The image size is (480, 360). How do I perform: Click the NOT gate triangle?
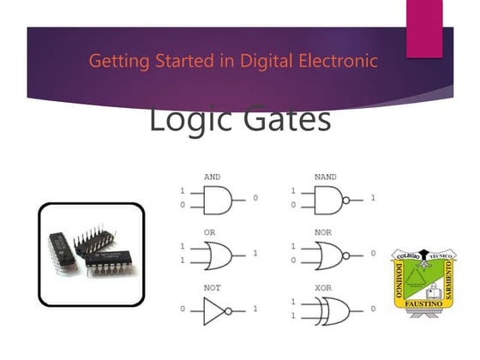pos(214,308)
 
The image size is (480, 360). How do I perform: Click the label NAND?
pos(326,177)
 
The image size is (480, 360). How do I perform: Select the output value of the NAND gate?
pos(372,199)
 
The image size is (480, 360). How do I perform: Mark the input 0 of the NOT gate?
pos(183,309)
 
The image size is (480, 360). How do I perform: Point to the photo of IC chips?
pos(91,254)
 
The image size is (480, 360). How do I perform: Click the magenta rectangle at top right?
pos(423,29)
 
